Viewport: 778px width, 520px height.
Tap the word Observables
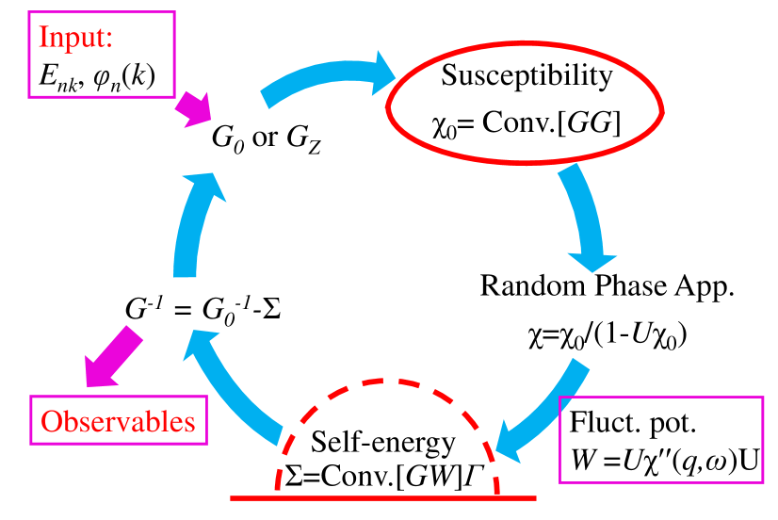click(119, 421)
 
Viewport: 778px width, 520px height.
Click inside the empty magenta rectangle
click(660, 439)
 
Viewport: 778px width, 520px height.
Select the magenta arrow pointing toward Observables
click(112, 356)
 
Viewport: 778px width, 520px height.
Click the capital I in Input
click(42, 39)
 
